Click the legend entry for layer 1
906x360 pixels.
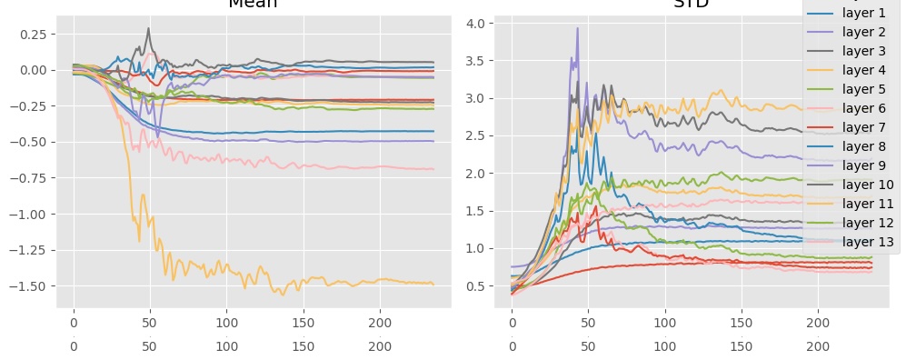(863, 13)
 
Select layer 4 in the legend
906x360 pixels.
(863, 70)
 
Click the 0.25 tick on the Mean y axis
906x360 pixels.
(32, 34)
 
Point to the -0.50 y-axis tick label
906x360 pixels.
(29, 142)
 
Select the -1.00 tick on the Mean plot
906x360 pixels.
(29, 214)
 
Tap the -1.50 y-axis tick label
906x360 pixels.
(29, 285)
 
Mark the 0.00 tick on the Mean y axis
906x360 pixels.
(32, 70)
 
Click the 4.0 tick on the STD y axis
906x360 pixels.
(483, 23)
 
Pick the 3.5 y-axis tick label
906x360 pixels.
(483, 61)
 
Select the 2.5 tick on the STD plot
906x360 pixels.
(483, 135)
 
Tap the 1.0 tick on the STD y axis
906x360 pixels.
(483, 248)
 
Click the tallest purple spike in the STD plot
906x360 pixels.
(577, 28)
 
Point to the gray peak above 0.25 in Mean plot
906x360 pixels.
(148, 28)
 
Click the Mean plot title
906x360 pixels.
(253, 4)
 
